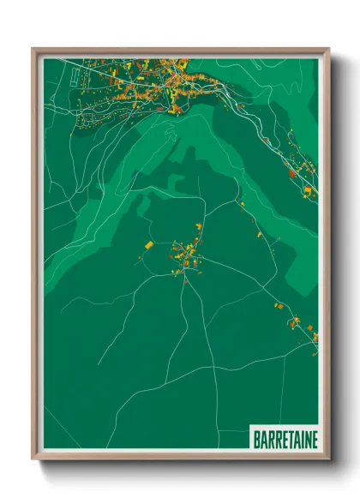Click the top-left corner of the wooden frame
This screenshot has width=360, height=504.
[33, 49]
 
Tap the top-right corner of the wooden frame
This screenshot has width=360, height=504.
[329, 49]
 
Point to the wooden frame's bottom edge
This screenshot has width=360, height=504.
[181, 457]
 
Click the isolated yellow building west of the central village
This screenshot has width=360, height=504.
[147, 246]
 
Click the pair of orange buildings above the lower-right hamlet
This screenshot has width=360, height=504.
[277, 304]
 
